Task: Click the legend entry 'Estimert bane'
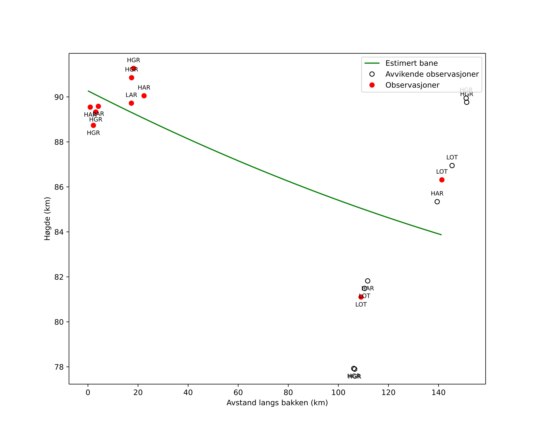(x=411, y=63)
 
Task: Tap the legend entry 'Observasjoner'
(x=412, y=85)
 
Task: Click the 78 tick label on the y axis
(x=59, y=367)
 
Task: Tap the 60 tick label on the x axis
(x=238, y=393)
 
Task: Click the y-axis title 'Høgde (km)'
(x=47, y=219)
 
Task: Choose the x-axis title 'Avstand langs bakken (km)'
(x=277, y=403)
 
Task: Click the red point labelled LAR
(x=131, y=103)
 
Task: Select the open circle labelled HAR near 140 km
(x=437, y=202)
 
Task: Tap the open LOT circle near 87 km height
(x=452, y=166)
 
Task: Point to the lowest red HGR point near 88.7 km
(x=93, y=125)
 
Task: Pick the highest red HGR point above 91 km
(x=134, y=68)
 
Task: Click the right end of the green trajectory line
(x=441, y=235)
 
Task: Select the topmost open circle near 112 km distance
(x=368, y=281)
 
